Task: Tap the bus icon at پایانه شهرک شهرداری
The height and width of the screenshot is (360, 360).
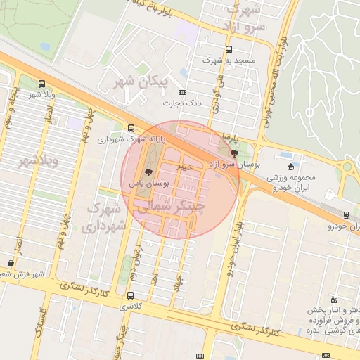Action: pos(131,128)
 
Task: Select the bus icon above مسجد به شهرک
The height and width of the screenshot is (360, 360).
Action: pos(229,49)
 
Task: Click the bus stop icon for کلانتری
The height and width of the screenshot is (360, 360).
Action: pos(130,295)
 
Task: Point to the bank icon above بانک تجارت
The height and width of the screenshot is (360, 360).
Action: pos(183,92)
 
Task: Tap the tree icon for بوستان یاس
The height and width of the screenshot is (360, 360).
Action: pos(148,172)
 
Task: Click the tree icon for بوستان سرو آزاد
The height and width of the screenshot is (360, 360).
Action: pos(234,153)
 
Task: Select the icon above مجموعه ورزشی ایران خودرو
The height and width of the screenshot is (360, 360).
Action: pos(291,167)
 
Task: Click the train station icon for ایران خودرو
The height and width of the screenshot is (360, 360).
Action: pos(346,215)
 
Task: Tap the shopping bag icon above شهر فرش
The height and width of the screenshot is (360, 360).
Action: pos(11,263)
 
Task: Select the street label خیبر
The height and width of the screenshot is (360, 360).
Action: pos(183,167)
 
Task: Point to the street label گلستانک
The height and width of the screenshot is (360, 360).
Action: pos(44,319)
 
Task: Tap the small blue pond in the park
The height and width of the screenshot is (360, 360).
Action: pos(46,47)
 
